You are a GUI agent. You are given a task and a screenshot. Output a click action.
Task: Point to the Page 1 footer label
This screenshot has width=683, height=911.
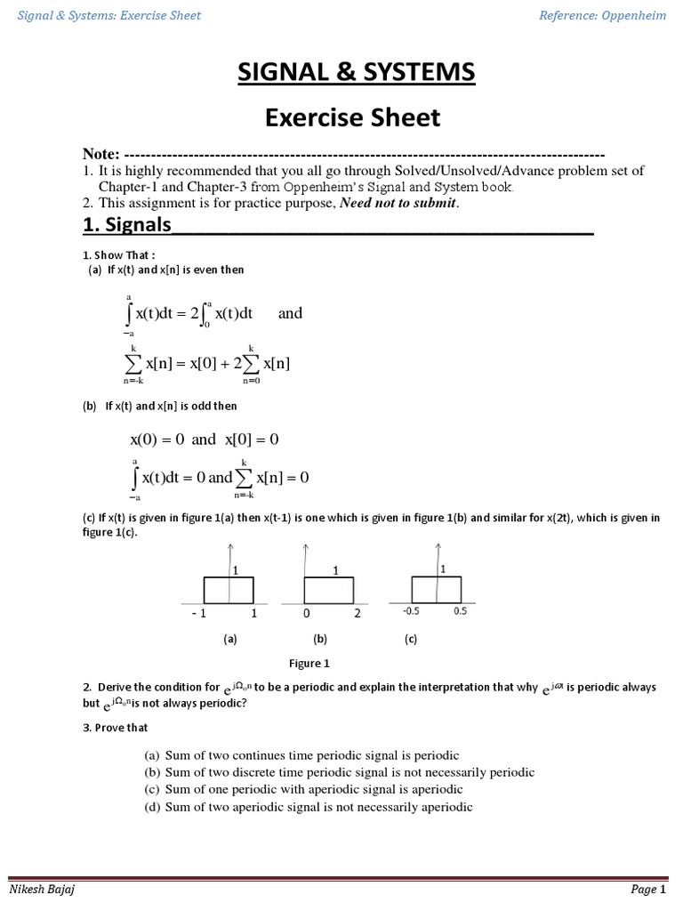649,889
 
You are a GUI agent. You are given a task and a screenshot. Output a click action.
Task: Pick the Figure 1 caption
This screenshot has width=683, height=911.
309,663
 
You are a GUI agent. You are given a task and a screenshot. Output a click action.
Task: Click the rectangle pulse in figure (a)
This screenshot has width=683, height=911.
229,590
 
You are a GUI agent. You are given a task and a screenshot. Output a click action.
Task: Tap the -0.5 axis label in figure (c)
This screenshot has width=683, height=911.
410,611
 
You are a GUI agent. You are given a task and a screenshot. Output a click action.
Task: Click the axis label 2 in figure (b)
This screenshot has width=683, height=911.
357,614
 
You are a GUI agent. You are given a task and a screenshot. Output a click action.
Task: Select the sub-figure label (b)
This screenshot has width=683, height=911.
320,639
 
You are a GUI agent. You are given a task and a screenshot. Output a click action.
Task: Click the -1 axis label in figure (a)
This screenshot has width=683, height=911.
197,614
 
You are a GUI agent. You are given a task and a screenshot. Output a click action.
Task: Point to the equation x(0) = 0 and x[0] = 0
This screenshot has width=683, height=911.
205,439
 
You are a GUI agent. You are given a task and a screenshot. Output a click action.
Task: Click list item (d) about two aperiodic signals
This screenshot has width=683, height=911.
308,807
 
